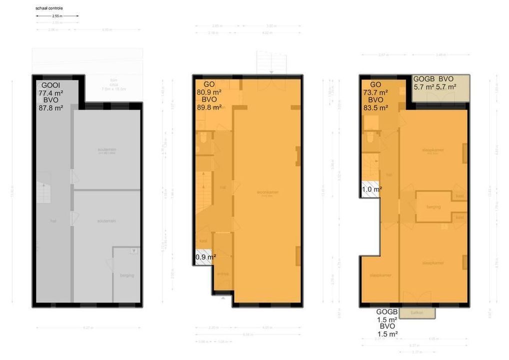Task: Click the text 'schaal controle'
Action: (x=49, y=8)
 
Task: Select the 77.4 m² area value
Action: (x=50, y=92)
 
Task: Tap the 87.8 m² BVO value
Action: (x=50, y=107)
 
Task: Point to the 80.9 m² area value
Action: (x=209, y=92)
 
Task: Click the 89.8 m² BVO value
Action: (x=209, y=107)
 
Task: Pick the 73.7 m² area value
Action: (x=375, y=92)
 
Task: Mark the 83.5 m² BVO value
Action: (x=375, y=107)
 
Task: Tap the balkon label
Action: (x=417, y=313)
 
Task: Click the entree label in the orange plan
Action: (x=223, y=273)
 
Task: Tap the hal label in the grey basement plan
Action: (x=53, y=220)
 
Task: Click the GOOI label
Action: (x=50, y=85)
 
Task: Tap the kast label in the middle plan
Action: (x=203, y=240)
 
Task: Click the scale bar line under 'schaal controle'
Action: (x=57, y=16)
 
